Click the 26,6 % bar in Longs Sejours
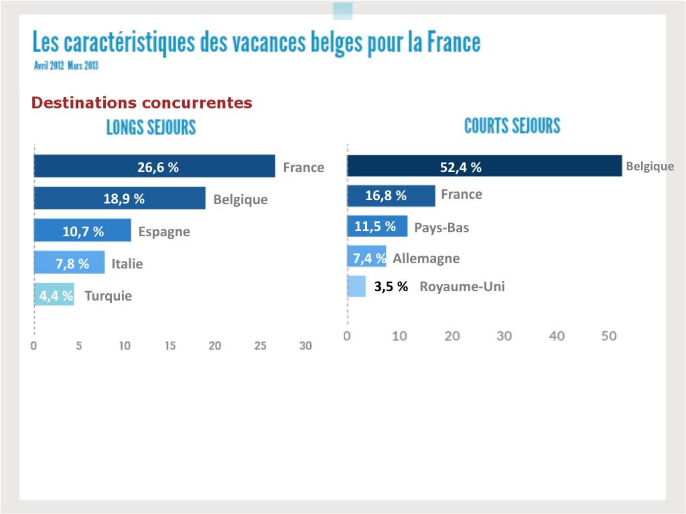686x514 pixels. tap(154, 167)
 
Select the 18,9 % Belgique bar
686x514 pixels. tap(119, 199)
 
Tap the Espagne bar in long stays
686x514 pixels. tap(82, 231)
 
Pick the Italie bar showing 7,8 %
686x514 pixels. tap(69, 263)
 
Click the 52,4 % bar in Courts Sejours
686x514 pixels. tap(484, 166)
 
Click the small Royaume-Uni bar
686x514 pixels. tap(356, 286)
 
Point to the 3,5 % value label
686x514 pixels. tap(391, 287)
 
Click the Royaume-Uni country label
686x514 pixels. tap(462, 287)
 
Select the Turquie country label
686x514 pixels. tap(109, 296)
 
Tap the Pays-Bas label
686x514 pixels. tap(441, 228)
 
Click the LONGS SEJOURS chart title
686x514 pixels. tap(151, 127)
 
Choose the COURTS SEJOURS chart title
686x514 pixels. tap(512, 126)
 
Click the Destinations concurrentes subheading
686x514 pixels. tap(142, 103)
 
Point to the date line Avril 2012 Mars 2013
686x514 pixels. tap(66, 66)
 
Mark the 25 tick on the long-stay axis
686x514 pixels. tap(261, 346)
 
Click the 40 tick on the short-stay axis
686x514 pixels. tap(557, 336)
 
